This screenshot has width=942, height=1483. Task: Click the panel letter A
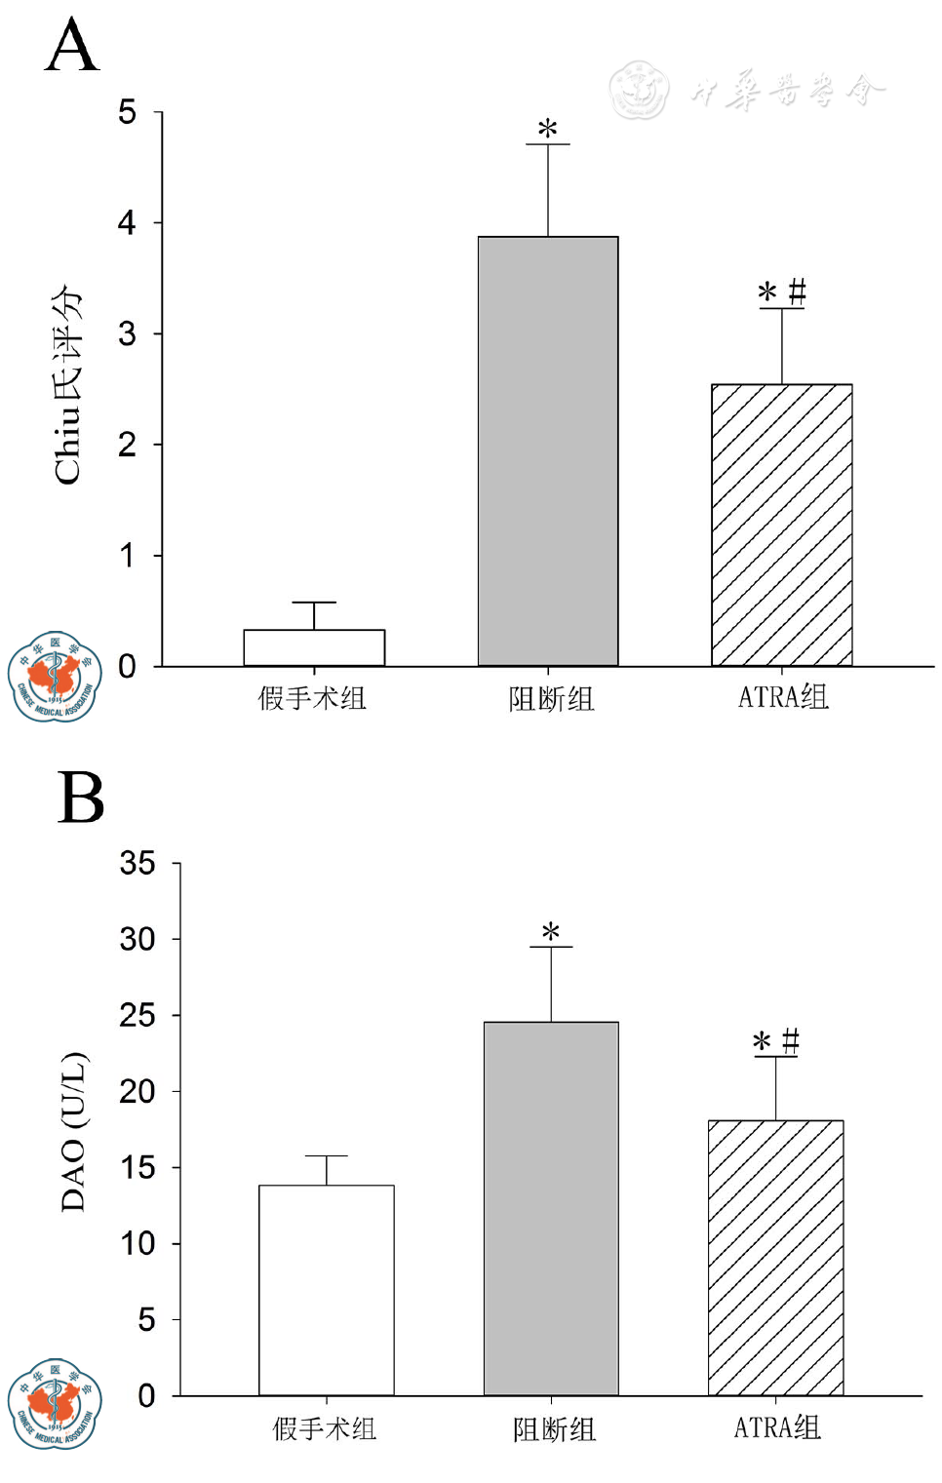point(72,46)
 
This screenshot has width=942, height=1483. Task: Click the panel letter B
point(80,798)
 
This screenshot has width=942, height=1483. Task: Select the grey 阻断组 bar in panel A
point(547,450)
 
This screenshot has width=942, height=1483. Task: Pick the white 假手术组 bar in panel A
point(314,647)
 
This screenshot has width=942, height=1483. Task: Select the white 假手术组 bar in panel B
point(326,1289)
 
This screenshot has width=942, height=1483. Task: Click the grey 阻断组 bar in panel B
point(551,1208)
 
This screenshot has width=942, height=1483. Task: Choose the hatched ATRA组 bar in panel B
point(775,1257)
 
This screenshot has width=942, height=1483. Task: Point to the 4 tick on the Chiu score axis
point(128,223)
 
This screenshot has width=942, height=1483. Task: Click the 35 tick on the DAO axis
point(137,863)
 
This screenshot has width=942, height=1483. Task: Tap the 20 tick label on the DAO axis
point(137,1091)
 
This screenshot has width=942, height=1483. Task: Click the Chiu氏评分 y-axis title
point(68,385)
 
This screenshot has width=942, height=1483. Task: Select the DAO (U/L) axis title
point(74,1131)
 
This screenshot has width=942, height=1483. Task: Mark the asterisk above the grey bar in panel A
point(548,129)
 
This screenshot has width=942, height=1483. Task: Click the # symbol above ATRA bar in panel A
point(797,291)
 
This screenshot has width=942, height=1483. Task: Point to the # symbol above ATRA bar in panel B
point(791,1040)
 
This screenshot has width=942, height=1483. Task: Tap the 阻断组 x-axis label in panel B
point(554,1429)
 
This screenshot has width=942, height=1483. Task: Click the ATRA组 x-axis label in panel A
point(783,697)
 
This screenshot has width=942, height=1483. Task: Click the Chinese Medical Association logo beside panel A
point(55,676)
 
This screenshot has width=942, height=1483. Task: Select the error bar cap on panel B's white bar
point(327,1156)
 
